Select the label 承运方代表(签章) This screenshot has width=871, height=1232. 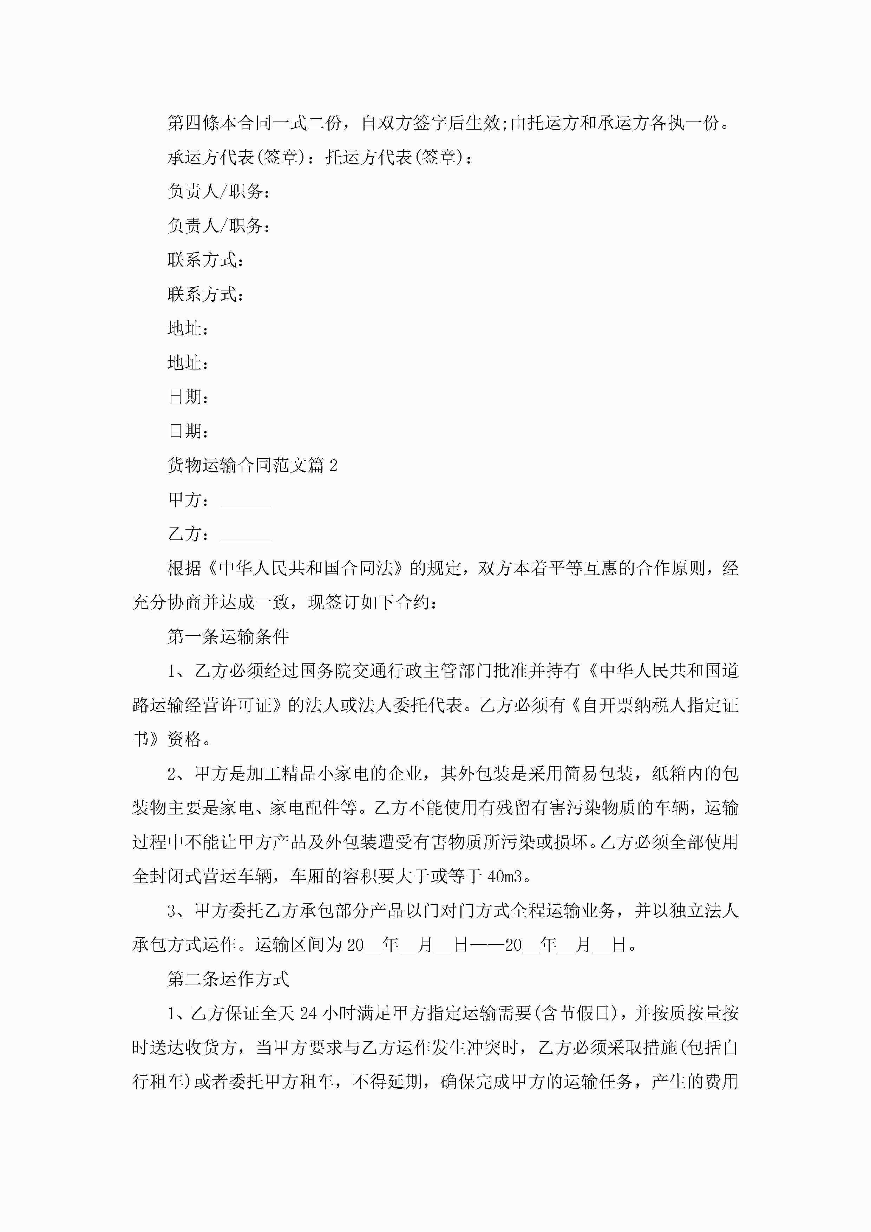233,158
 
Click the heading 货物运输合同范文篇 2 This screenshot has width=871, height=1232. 252,465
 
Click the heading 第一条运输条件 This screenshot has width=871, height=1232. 228,637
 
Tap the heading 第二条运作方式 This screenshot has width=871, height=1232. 228,979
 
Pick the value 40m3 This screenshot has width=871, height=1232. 504,877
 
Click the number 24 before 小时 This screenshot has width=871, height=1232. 308,1014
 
